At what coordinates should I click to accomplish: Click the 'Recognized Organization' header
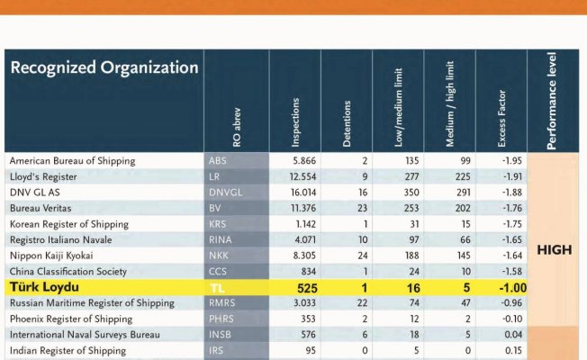104,67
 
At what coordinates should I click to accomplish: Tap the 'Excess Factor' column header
501,116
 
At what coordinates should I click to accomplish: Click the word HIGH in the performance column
555,250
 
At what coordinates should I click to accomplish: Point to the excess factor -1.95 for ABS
510,161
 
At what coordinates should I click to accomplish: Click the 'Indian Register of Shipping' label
68,351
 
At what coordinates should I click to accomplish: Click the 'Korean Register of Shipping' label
65,223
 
